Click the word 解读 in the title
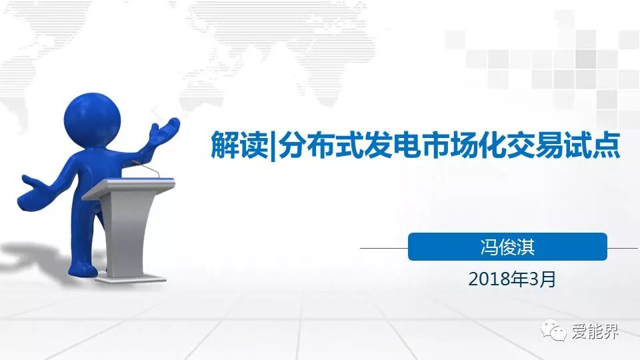coord(239,145)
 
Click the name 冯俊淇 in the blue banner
coord(507,247)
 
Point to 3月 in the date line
coord(542,279)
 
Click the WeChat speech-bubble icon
coord(553,330)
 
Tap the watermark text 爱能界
coord(595,331)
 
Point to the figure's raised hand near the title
coord(164,131)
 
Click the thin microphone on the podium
coord(146,169)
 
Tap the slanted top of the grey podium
coord(129,188)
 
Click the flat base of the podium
coord(131,279)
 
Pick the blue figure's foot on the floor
coord(83,269)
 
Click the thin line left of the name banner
coord(384,248)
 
